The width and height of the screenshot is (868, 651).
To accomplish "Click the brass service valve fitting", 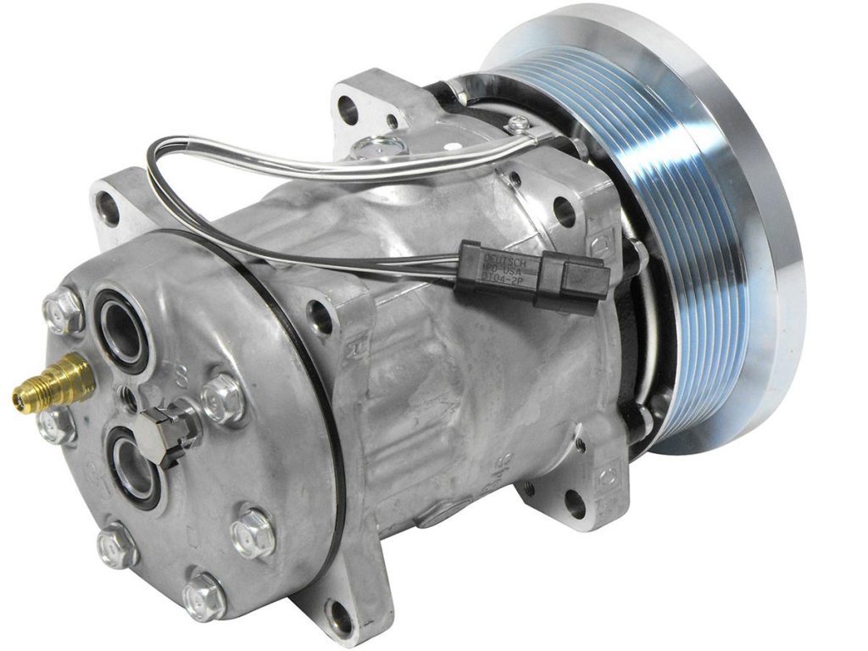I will pyautogui.click(x=53, y=383).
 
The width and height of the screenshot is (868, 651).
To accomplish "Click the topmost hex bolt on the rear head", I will pyautogui.click(x=64, y=311).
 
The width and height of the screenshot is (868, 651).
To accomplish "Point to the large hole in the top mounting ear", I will pyautogui.click(x=348, y=107).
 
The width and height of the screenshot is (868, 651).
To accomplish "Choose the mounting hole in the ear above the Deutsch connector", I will pyautogui.click(x=564, y=209).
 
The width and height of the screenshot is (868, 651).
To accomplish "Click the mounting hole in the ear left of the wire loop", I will pyautogui.click(x=108, y=206).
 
